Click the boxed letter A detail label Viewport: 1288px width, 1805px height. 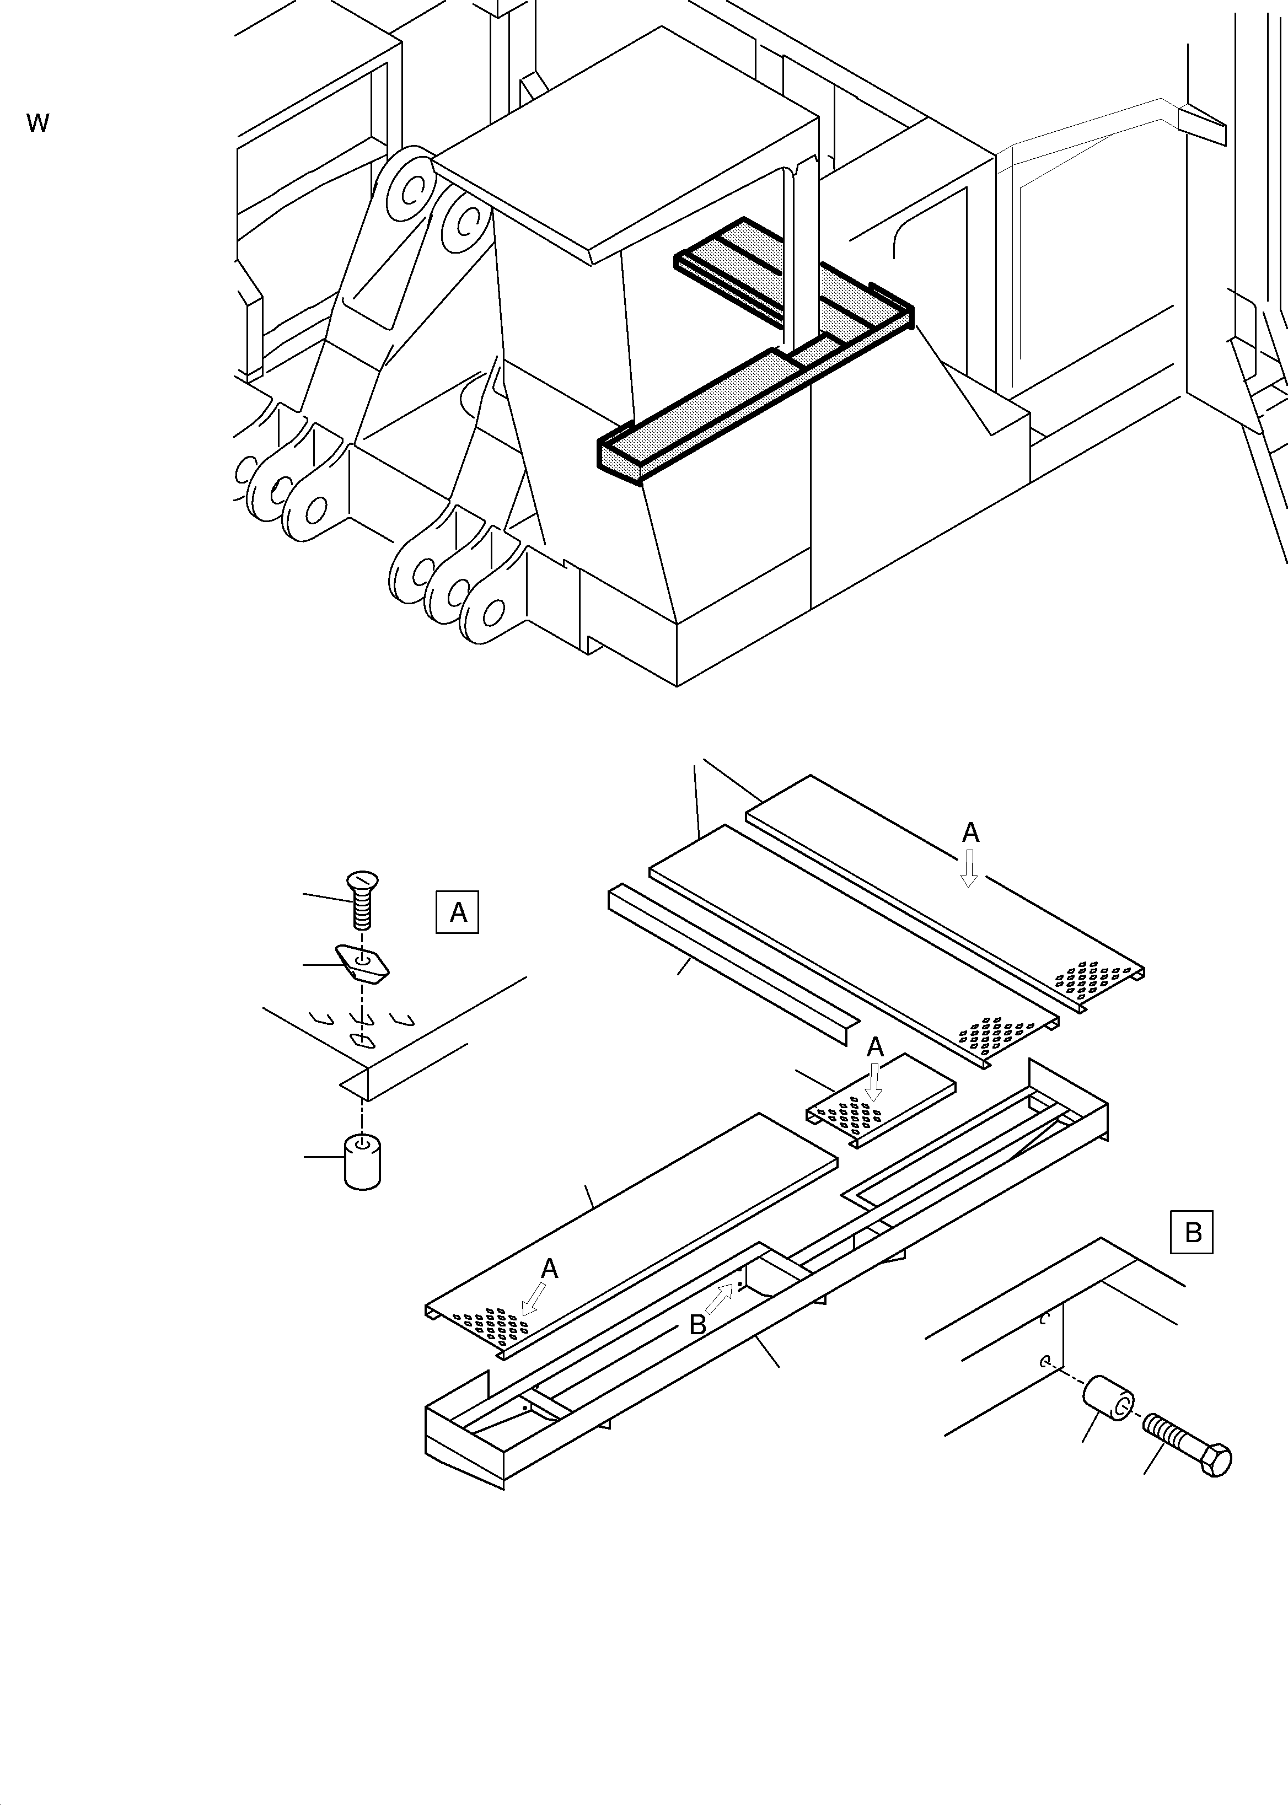click(458, 913)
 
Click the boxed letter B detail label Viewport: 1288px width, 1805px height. click(1192, 1232)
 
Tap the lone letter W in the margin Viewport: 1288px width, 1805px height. click(37, 123)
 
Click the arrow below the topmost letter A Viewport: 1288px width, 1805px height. click(968, 869)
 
